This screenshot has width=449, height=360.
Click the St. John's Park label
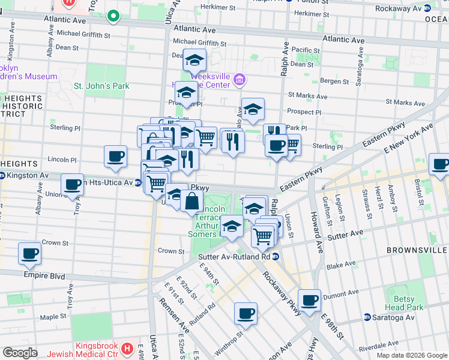101,86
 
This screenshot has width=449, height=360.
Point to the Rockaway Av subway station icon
426,8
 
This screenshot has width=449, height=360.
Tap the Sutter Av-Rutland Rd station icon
275,257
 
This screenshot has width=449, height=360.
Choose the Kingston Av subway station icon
2,175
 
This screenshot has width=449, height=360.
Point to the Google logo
20,353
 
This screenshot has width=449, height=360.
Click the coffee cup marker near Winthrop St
246,313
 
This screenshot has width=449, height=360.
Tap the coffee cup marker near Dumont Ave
310,301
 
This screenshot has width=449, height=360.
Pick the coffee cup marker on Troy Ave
72,185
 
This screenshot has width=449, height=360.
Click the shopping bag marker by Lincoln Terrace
191,202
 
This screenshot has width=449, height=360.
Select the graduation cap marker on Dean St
194,61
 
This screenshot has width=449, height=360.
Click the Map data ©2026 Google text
411,355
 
